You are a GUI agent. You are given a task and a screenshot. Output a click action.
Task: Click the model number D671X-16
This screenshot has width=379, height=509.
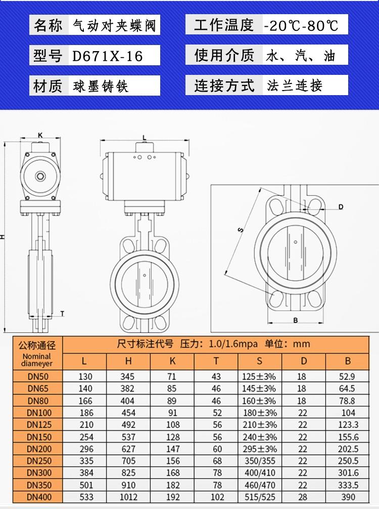(x=107, y=56)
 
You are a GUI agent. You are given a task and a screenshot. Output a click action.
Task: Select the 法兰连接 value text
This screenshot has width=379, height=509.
(x=295, y=86)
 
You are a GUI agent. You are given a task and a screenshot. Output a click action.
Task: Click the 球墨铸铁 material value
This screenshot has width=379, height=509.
(x=101, y=87)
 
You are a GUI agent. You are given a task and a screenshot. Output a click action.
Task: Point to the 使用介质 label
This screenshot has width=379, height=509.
(x=224, y=55)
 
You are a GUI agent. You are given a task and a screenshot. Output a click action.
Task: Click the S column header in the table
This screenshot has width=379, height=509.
(x=259, y=361)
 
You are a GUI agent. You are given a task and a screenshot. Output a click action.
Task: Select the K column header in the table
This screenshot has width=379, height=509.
(x=172, y=361)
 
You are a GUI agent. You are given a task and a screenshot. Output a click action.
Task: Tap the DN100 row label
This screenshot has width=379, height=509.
(x=39, y=412)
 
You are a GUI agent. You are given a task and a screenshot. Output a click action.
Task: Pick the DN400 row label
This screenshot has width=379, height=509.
(x=39, y=497)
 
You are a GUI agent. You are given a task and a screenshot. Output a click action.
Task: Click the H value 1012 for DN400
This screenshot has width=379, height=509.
(x=128, y=497)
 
